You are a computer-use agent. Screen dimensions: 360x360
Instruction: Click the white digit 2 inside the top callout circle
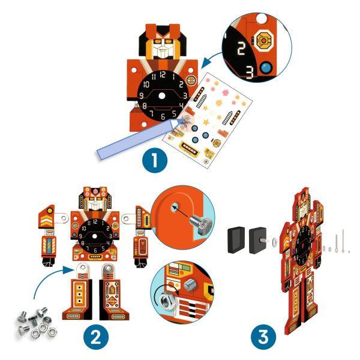pos(241,50)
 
